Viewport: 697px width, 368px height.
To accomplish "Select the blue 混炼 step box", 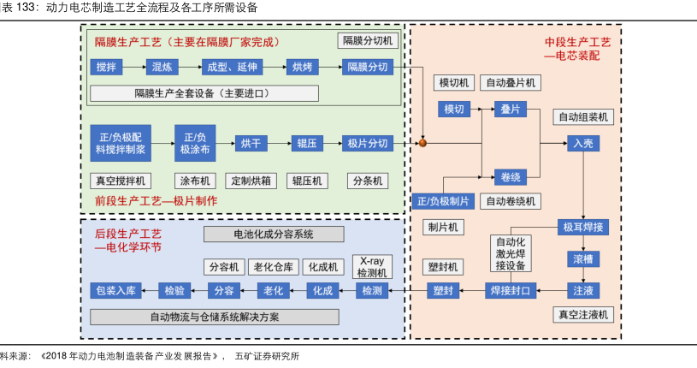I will click(159, 67).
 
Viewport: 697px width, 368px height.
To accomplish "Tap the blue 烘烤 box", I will click(302, 67).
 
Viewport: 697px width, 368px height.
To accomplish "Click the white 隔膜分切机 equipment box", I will click(368, 40).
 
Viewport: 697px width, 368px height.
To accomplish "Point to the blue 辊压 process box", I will click(306, 143).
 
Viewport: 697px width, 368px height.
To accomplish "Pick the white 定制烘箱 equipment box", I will click(250, 181).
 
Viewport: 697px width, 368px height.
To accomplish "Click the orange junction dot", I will click(422, 143).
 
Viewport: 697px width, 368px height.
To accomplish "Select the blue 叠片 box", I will click(511, 109).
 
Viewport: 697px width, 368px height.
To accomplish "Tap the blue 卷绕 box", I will click(511, 176).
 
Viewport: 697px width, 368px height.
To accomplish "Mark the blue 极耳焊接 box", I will click(583, 227).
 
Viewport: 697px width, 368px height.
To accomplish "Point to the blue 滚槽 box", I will click(583, 258).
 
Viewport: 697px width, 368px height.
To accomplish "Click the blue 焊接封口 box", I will click(511, 290).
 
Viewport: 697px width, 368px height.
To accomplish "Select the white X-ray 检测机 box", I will click(373, 266).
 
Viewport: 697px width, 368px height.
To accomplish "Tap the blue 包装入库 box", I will click(115, 290).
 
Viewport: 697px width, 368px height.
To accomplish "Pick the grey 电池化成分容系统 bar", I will click(274, 234).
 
